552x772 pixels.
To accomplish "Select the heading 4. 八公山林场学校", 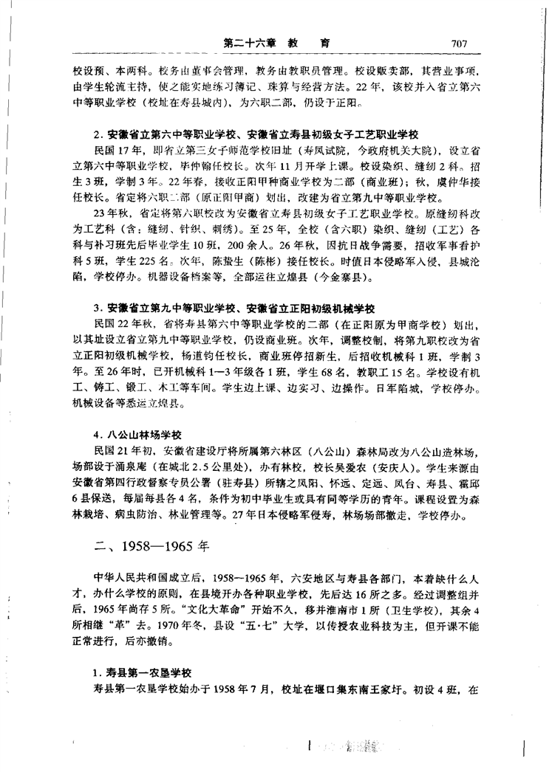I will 138,435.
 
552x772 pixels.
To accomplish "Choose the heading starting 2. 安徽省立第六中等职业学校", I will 256,136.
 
